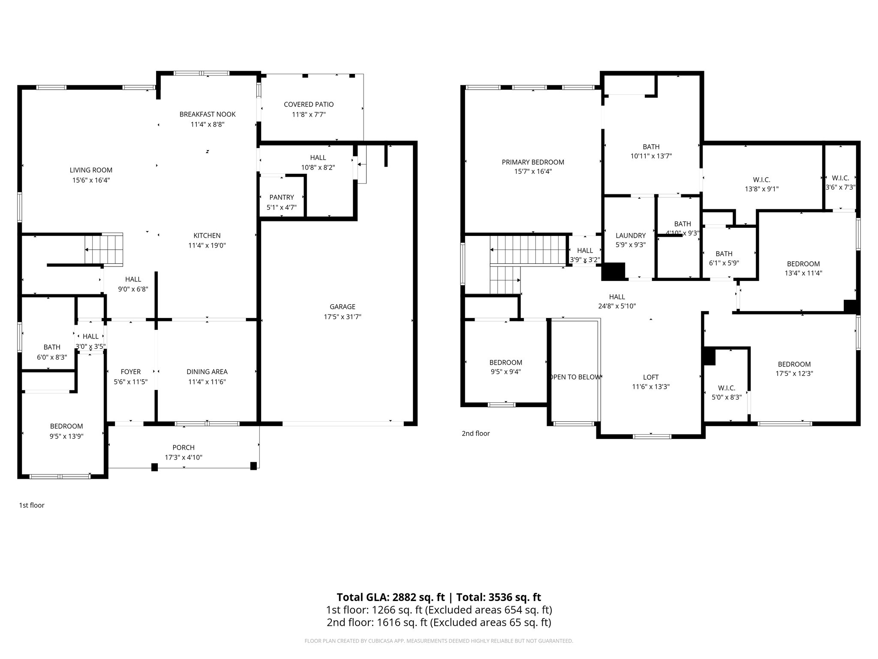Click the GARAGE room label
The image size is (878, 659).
pos(342,307)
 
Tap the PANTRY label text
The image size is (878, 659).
pos(282,197)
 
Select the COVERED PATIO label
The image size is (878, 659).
pos(309,104)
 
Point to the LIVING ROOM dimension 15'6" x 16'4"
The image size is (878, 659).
pos(91,180)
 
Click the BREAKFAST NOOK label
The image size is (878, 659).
pos(207,114)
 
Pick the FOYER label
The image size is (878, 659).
pos(130,372)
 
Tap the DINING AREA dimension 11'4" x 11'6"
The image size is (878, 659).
pos(207,382)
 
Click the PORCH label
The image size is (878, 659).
pos(183,447)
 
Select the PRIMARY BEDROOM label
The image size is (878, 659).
pos(533,162)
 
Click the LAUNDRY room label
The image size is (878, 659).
pos(630,236)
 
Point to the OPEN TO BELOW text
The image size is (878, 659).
pos(575,377)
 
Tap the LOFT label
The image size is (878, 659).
pos(651,377)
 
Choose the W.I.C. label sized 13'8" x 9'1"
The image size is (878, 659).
pos(761,180)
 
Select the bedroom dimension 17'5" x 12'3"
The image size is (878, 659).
pos(794,373)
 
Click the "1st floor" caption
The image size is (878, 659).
pos(32,505)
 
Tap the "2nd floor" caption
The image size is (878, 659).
pos(475,433)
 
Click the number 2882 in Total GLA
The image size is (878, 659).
pos(403,597)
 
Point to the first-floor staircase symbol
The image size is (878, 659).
pos(104,249)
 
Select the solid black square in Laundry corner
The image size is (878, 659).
pos(614,271)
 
